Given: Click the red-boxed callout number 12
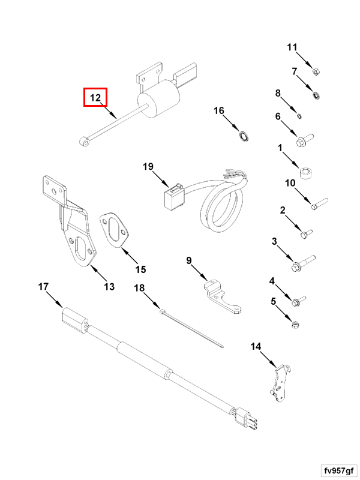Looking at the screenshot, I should pos(95,97).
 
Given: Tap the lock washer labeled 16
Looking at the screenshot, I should pos(244,136).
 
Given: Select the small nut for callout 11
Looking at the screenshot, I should pos(315,73).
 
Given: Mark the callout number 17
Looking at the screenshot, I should pos(43,287).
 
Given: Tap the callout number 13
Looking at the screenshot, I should pos(109,287).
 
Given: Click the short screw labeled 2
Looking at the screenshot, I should pos(307,230).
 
